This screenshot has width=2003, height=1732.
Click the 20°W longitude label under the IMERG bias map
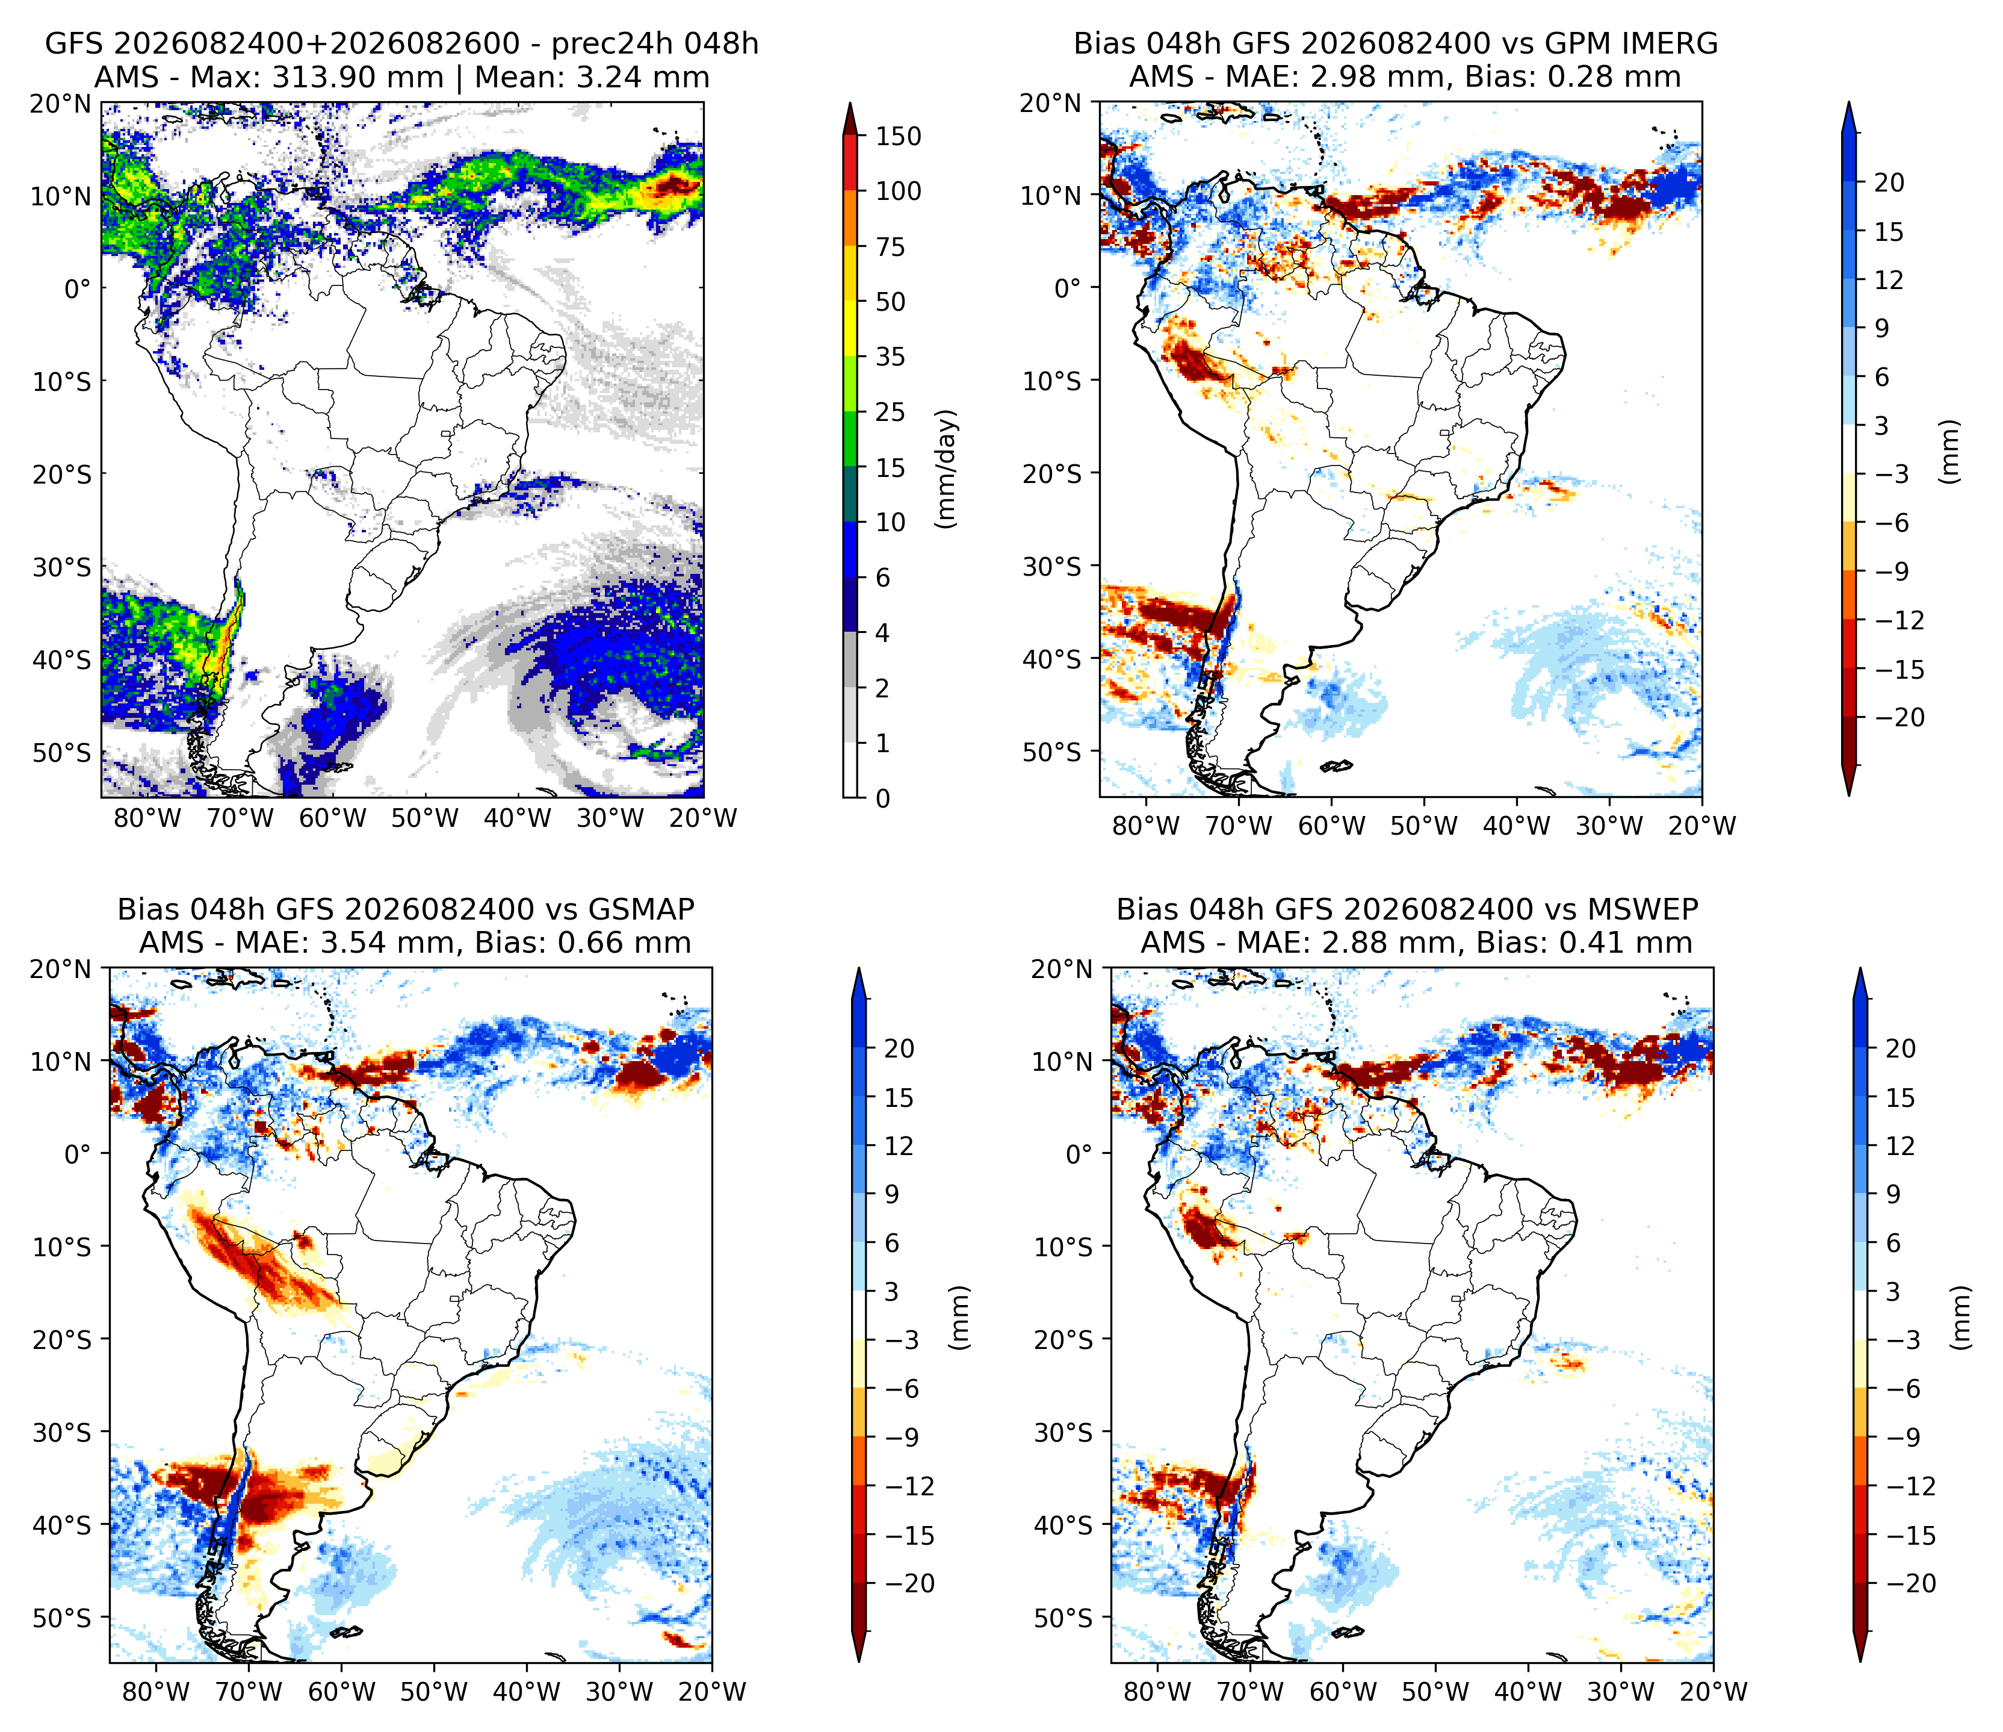(1702, 826)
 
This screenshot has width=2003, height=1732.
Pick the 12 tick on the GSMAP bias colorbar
(899, 1146)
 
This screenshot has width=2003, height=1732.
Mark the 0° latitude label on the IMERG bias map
(1068, 288)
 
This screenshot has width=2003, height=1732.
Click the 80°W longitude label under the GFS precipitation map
(148, 818)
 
